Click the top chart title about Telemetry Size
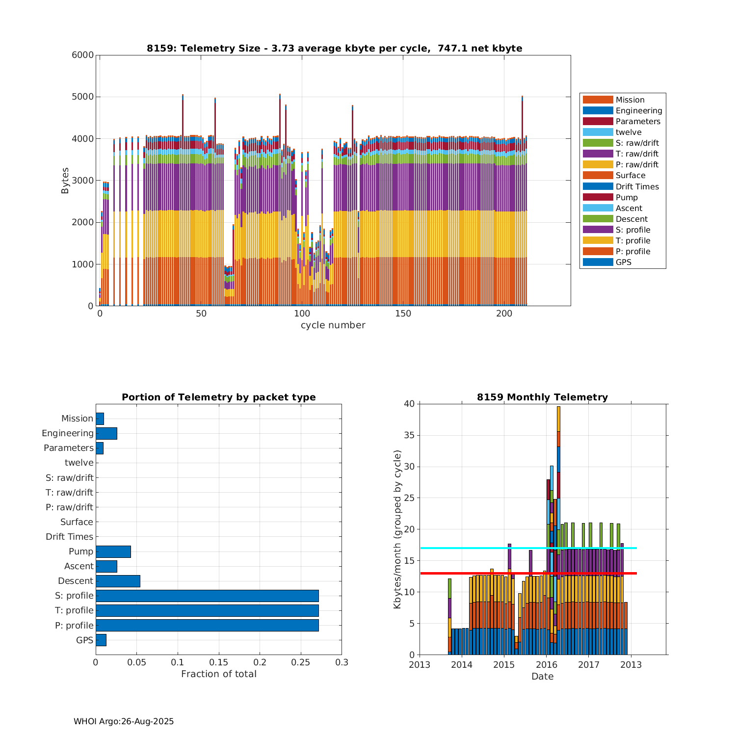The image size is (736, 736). coord(334,48)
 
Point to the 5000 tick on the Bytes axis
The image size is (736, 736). coord(83,97)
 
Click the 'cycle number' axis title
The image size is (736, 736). coord(333,325)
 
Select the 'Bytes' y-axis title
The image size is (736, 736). coord(65,181)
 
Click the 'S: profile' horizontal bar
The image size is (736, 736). coord(207,596)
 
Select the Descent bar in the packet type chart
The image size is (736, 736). coord(118,581)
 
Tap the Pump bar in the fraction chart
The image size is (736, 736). coord(113,552)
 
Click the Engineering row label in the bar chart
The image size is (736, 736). coord(67,433)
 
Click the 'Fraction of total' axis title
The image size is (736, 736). coord(219,674)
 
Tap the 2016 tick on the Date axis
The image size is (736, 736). coord(546,665)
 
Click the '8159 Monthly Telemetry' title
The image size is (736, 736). coord(542,397)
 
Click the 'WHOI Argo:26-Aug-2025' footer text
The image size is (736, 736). coord(124,721)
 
